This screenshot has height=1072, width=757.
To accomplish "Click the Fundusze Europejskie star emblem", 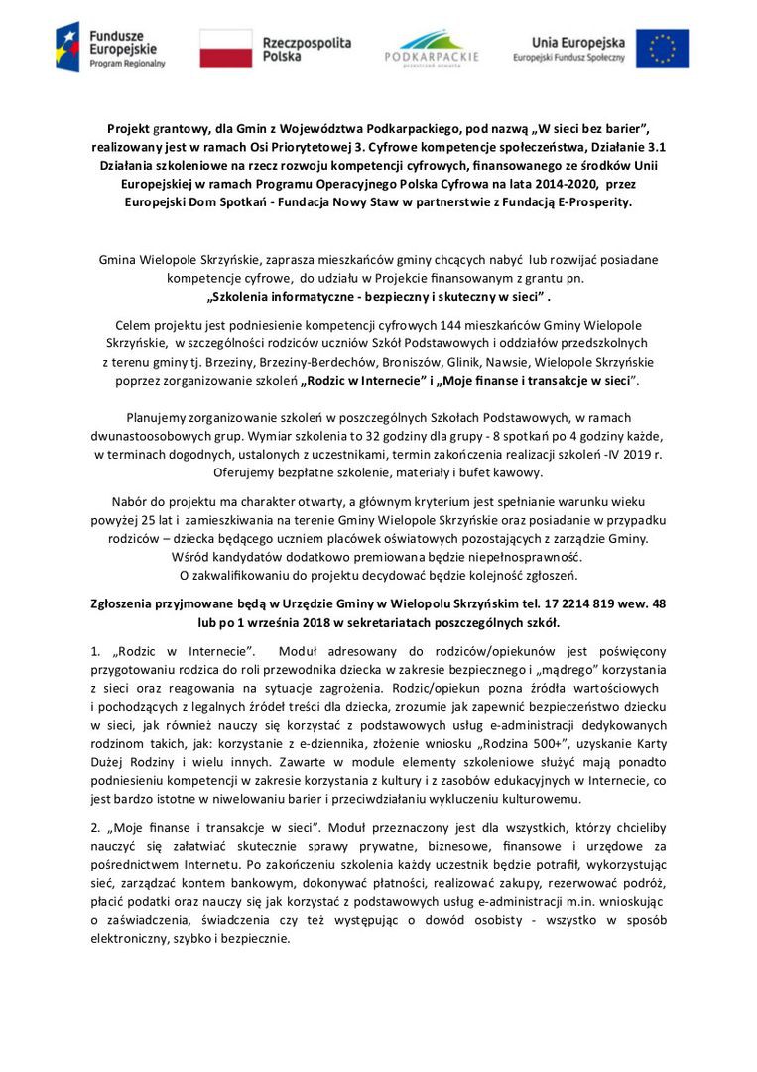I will (x=69, y=47).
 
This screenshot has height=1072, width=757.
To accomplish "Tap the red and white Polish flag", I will (x=225, y=47).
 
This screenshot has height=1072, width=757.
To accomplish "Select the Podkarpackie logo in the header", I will (x=431, y=48).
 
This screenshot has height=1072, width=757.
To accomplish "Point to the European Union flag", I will (x=662, y=48).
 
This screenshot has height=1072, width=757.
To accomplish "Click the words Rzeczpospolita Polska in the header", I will (x=307, y=49).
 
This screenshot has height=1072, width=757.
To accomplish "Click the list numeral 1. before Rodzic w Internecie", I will (x=95, y=652).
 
